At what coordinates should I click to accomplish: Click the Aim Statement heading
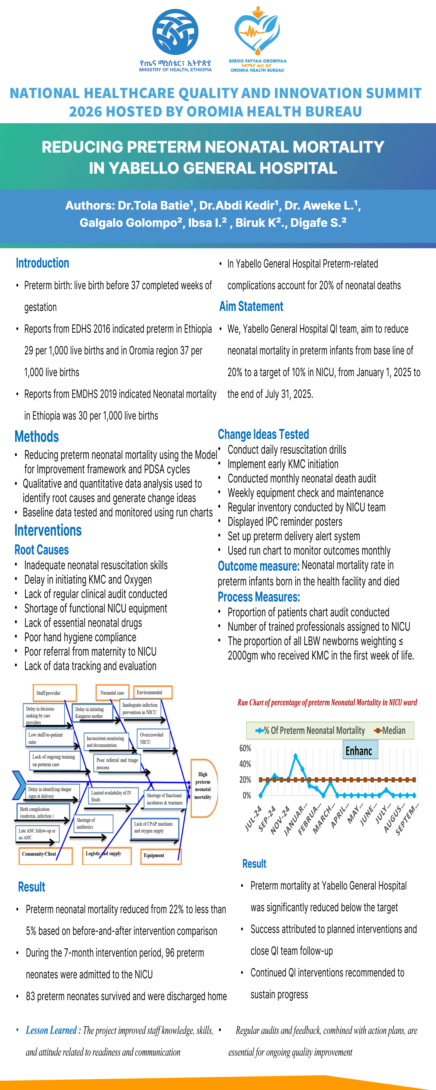pos(251,306)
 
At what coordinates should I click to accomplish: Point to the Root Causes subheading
pos(41,550)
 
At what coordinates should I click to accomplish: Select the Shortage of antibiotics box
pos(93,823)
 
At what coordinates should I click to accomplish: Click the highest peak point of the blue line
pos(295,756)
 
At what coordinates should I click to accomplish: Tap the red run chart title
pos(327,702)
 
